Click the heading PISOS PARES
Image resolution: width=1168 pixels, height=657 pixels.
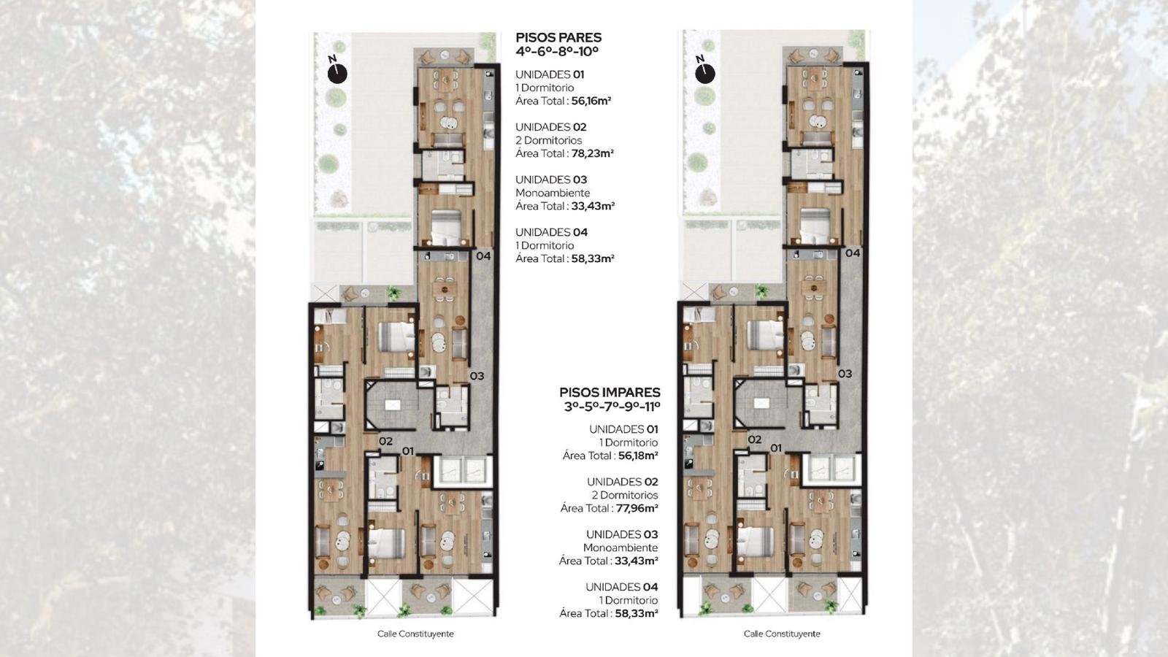click(x=558, y=37)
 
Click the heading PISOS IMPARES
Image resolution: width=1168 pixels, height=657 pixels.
click(x=610, y=392)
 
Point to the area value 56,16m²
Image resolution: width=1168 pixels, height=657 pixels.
click(x=591, y=101)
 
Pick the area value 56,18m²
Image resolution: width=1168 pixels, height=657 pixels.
click(x=638, y=456)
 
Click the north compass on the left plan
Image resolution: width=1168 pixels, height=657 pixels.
click(x=337, y=73)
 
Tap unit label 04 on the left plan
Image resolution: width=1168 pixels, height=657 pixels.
click(x=483, y=255)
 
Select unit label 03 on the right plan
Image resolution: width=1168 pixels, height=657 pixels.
click(x=845, y=373)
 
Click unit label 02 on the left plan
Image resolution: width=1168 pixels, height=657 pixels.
click(x=385, y=441)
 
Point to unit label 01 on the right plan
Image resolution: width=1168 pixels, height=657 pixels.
click(x=776, y=448)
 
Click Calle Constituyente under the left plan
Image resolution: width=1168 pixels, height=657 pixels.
click(x=415, y=634)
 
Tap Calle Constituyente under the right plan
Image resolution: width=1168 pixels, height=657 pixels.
click(x=782, y=634)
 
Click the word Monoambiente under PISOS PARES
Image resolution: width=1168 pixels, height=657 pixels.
click(x=553, y=193)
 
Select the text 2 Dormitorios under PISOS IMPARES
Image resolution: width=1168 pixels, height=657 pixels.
click(x=624, y=495)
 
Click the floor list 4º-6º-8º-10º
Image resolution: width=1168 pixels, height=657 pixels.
click(x=556, y=52)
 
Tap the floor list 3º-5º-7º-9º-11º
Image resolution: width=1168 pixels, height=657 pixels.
click(x=612, y=406)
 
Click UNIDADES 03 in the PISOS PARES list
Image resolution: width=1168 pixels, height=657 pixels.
click(x=551, y=180)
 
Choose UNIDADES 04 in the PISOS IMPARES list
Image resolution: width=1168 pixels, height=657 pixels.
click(x=621, y=587)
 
